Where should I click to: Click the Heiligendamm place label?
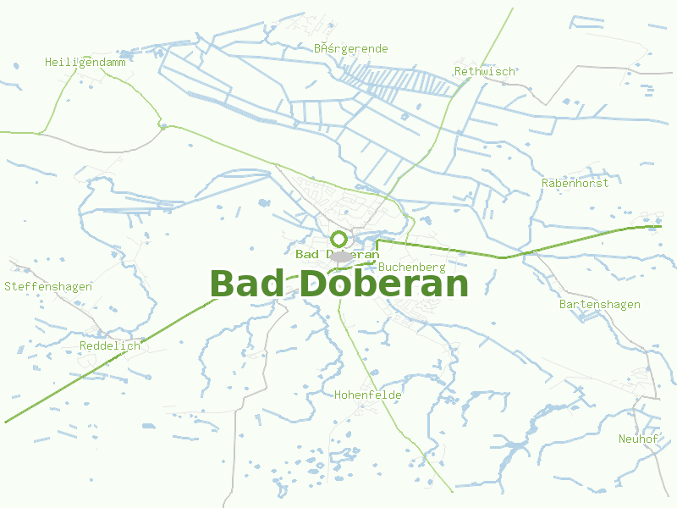coord(80,62)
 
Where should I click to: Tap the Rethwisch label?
coord(485,71)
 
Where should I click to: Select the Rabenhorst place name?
coord(575,183)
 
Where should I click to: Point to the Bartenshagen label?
coord(600,304)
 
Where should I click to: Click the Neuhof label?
coord(638,439)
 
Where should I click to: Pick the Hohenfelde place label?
coord(368,395)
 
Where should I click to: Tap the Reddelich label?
coord(109,346)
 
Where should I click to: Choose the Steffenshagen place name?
coord(48,286)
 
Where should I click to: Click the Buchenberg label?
coord(412,267)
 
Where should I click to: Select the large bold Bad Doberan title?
coord(338,284)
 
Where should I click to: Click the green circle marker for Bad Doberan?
coord(338,239)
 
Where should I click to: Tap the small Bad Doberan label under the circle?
coord(337,254)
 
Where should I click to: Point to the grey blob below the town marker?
coord(341,257)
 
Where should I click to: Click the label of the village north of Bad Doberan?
coord(351,48)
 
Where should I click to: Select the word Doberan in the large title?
coord(383,284)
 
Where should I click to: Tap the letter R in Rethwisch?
coord(458,71)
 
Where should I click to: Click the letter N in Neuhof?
coord(622,439)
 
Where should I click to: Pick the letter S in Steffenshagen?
coord(8,286)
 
